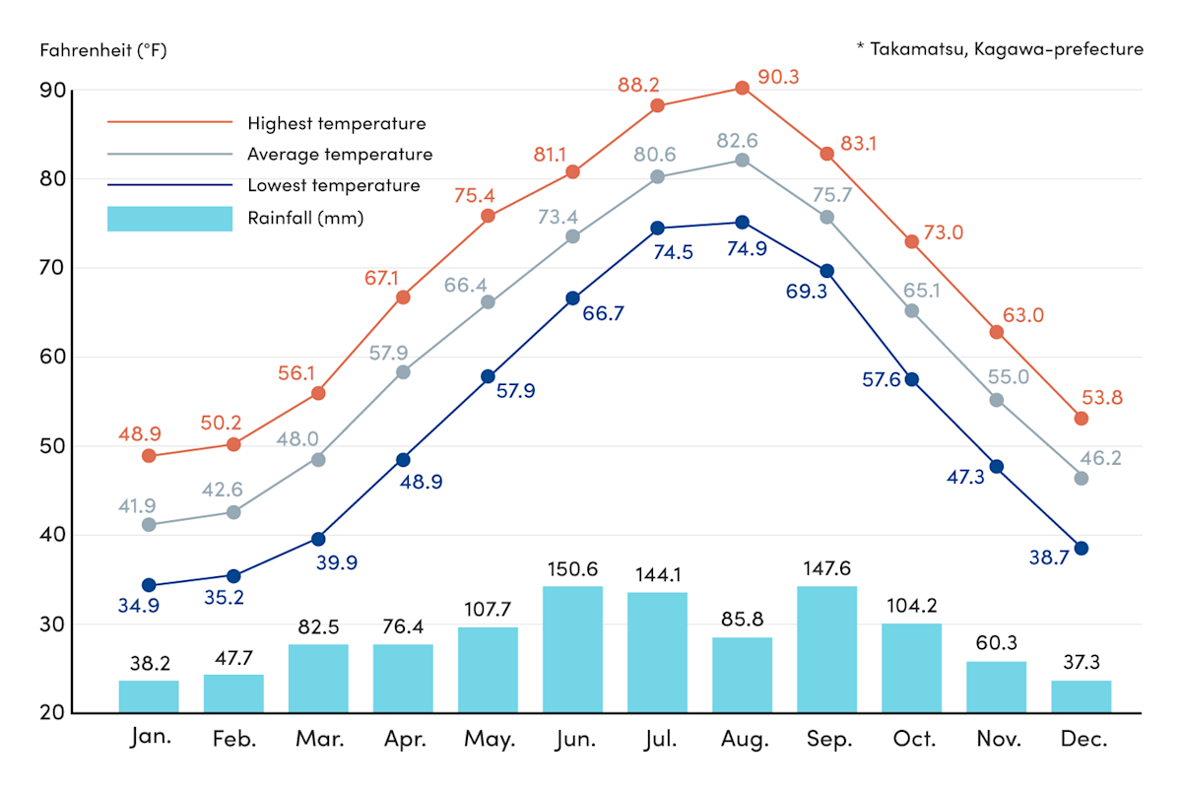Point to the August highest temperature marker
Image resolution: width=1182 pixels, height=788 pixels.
coord(742,89)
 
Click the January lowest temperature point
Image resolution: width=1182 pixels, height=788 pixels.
coord(149,585)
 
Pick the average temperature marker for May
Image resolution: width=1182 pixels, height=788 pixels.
coord(488,302)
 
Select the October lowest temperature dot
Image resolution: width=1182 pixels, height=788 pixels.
coord(911,379)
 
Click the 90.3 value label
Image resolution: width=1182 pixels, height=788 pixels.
coord(779,76)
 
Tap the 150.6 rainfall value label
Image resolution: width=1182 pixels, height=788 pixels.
coord(572,569)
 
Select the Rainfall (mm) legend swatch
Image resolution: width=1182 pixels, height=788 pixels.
coord(169,218)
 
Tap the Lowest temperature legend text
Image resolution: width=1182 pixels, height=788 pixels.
coord(334,185)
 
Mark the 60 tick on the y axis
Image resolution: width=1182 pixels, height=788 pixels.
coord(53,358)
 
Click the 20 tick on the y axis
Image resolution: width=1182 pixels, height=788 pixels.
coord(53,713)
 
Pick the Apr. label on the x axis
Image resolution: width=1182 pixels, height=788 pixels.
coord(403,740)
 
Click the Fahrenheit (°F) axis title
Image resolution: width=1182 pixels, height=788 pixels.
coord(103,50)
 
